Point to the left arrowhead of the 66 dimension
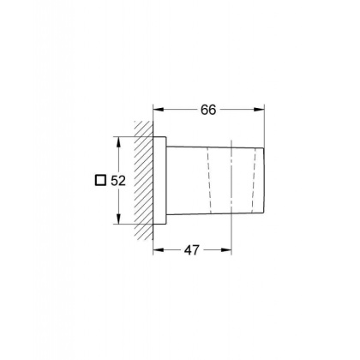click(159, 109)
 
